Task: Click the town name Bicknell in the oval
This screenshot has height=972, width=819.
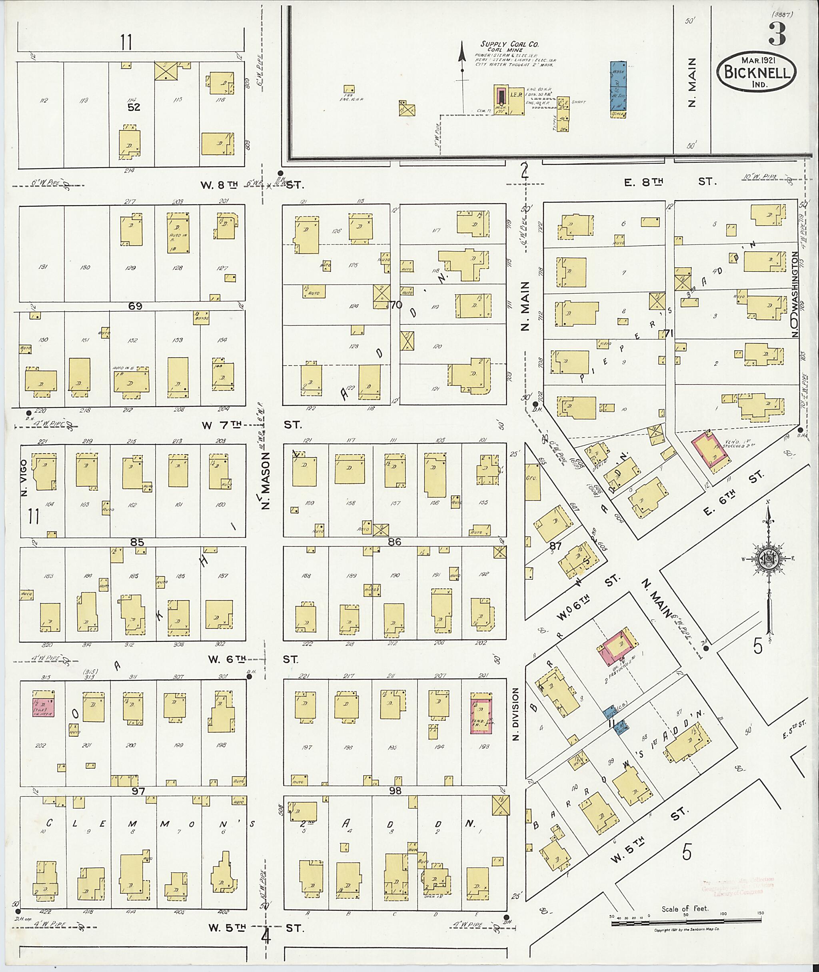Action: (x=757, y=72)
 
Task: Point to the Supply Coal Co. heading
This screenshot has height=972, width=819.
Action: (x=509, y=44)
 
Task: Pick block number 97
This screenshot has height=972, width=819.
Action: (x=138, y=791)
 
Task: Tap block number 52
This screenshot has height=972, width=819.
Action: (x=135, y=107)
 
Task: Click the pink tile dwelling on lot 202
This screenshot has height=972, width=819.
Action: (x=43, y=707)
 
